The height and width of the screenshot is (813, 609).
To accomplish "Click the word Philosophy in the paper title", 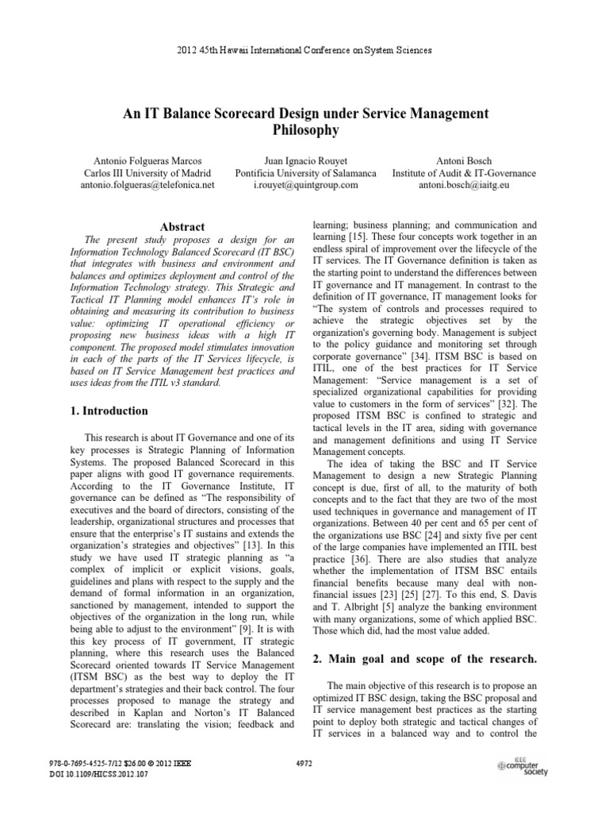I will [x=304, y=129].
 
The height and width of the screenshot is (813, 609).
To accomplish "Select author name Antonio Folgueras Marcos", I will [x=147, y=159].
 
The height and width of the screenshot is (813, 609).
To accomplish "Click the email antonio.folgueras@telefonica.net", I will [x=147, y=185].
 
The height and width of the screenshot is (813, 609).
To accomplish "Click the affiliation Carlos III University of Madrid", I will [x=147, y=172].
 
